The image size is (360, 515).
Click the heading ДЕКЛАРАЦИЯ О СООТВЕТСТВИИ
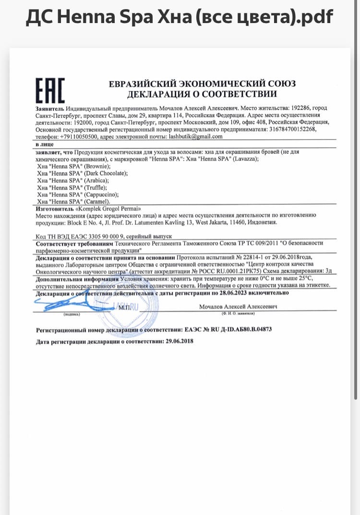[x=202, y=94]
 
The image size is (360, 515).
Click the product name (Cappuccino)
[x=101, y=195]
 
